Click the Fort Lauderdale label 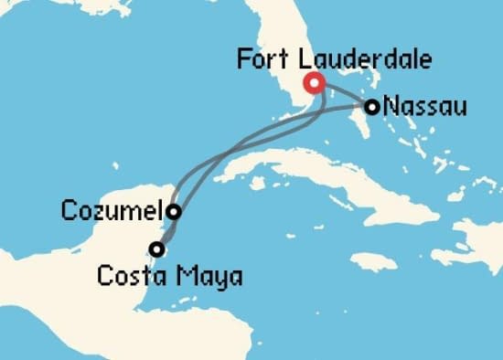click(x=334, y=60)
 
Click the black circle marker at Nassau click(x=372, y=107)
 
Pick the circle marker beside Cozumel click(x=173, y=211)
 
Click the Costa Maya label click(x=170, y=274)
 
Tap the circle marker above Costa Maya click(x=158, y=248)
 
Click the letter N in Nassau click(x=391, y=107)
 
